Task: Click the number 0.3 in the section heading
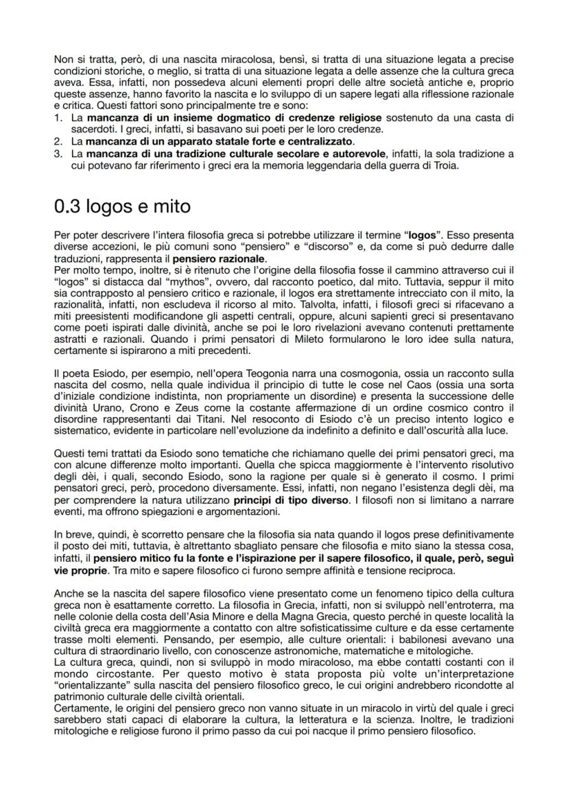coord(69,206)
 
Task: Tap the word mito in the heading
coord(167,206)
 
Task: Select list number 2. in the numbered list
coord(58,141)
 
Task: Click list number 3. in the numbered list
coord(58,153)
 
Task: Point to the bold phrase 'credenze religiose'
coord(335,118)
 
